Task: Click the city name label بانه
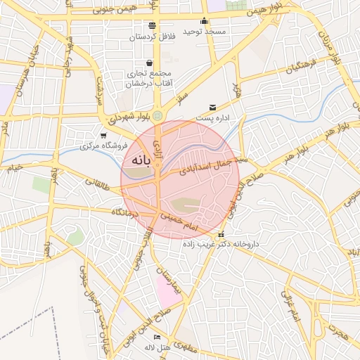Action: [x=137, y=160]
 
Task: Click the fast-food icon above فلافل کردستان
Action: [x=152, y=25]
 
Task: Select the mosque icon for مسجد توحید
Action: [x=205, y=21]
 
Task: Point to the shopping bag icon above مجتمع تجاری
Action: [x=150, y=63]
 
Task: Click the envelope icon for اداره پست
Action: [x=212, y=108]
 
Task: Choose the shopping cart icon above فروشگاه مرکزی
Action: [x=104, y=136]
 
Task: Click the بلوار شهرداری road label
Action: [x=131, y=115]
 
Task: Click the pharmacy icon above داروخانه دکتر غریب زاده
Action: [x=221, y=234]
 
